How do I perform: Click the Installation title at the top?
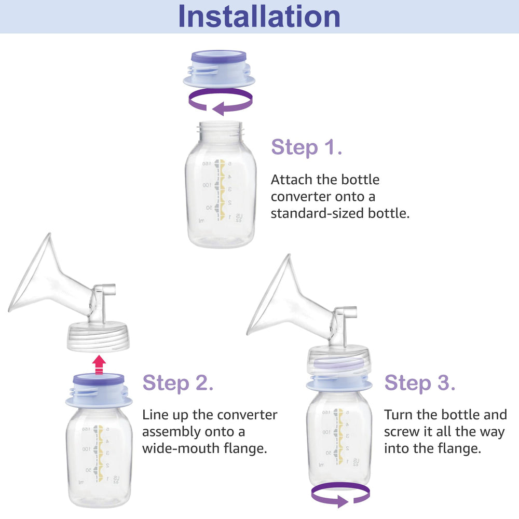pos(259,17)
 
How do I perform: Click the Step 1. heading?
pos(307,147)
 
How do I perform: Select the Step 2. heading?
pos(178,383)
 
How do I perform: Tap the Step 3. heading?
pos(420,383)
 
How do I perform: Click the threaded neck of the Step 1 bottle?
pos(220,129)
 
